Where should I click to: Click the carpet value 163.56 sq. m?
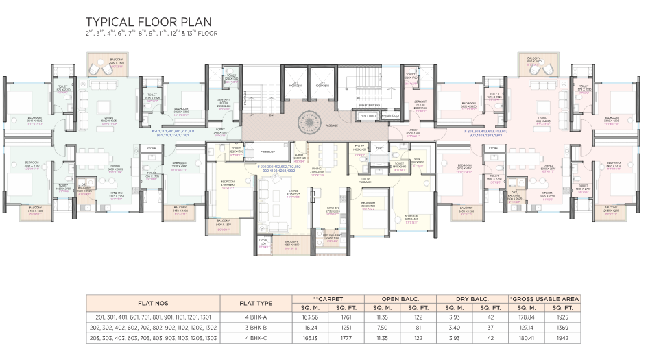coord(310,317)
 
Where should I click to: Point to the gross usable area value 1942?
coord(563,338)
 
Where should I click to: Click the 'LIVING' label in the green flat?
coord(108,118)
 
